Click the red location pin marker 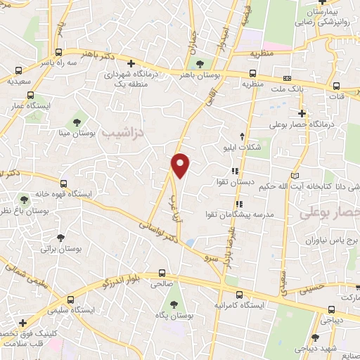pos(181,165)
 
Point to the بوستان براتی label pos(58,248)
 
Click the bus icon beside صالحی pos(163,273)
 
